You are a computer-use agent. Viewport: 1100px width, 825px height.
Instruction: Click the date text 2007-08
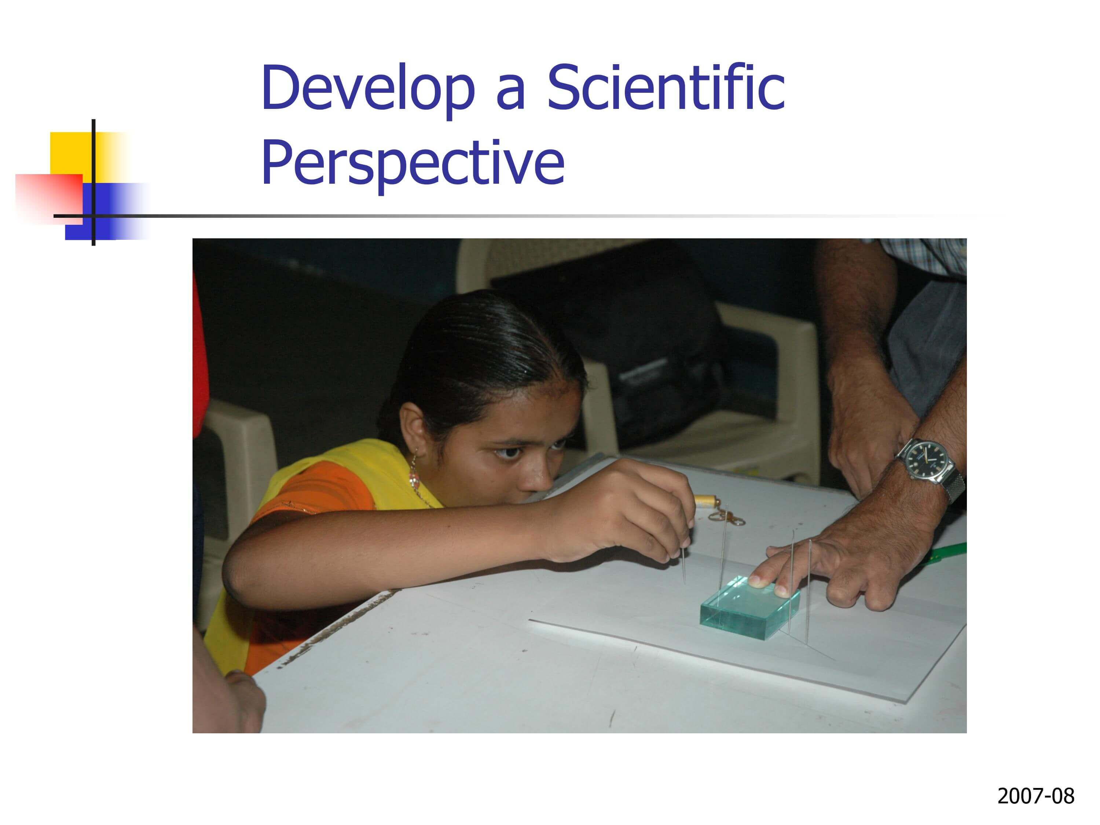tap(1036, 796)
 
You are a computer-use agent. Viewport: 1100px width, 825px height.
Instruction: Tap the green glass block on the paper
tap(749, 607)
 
